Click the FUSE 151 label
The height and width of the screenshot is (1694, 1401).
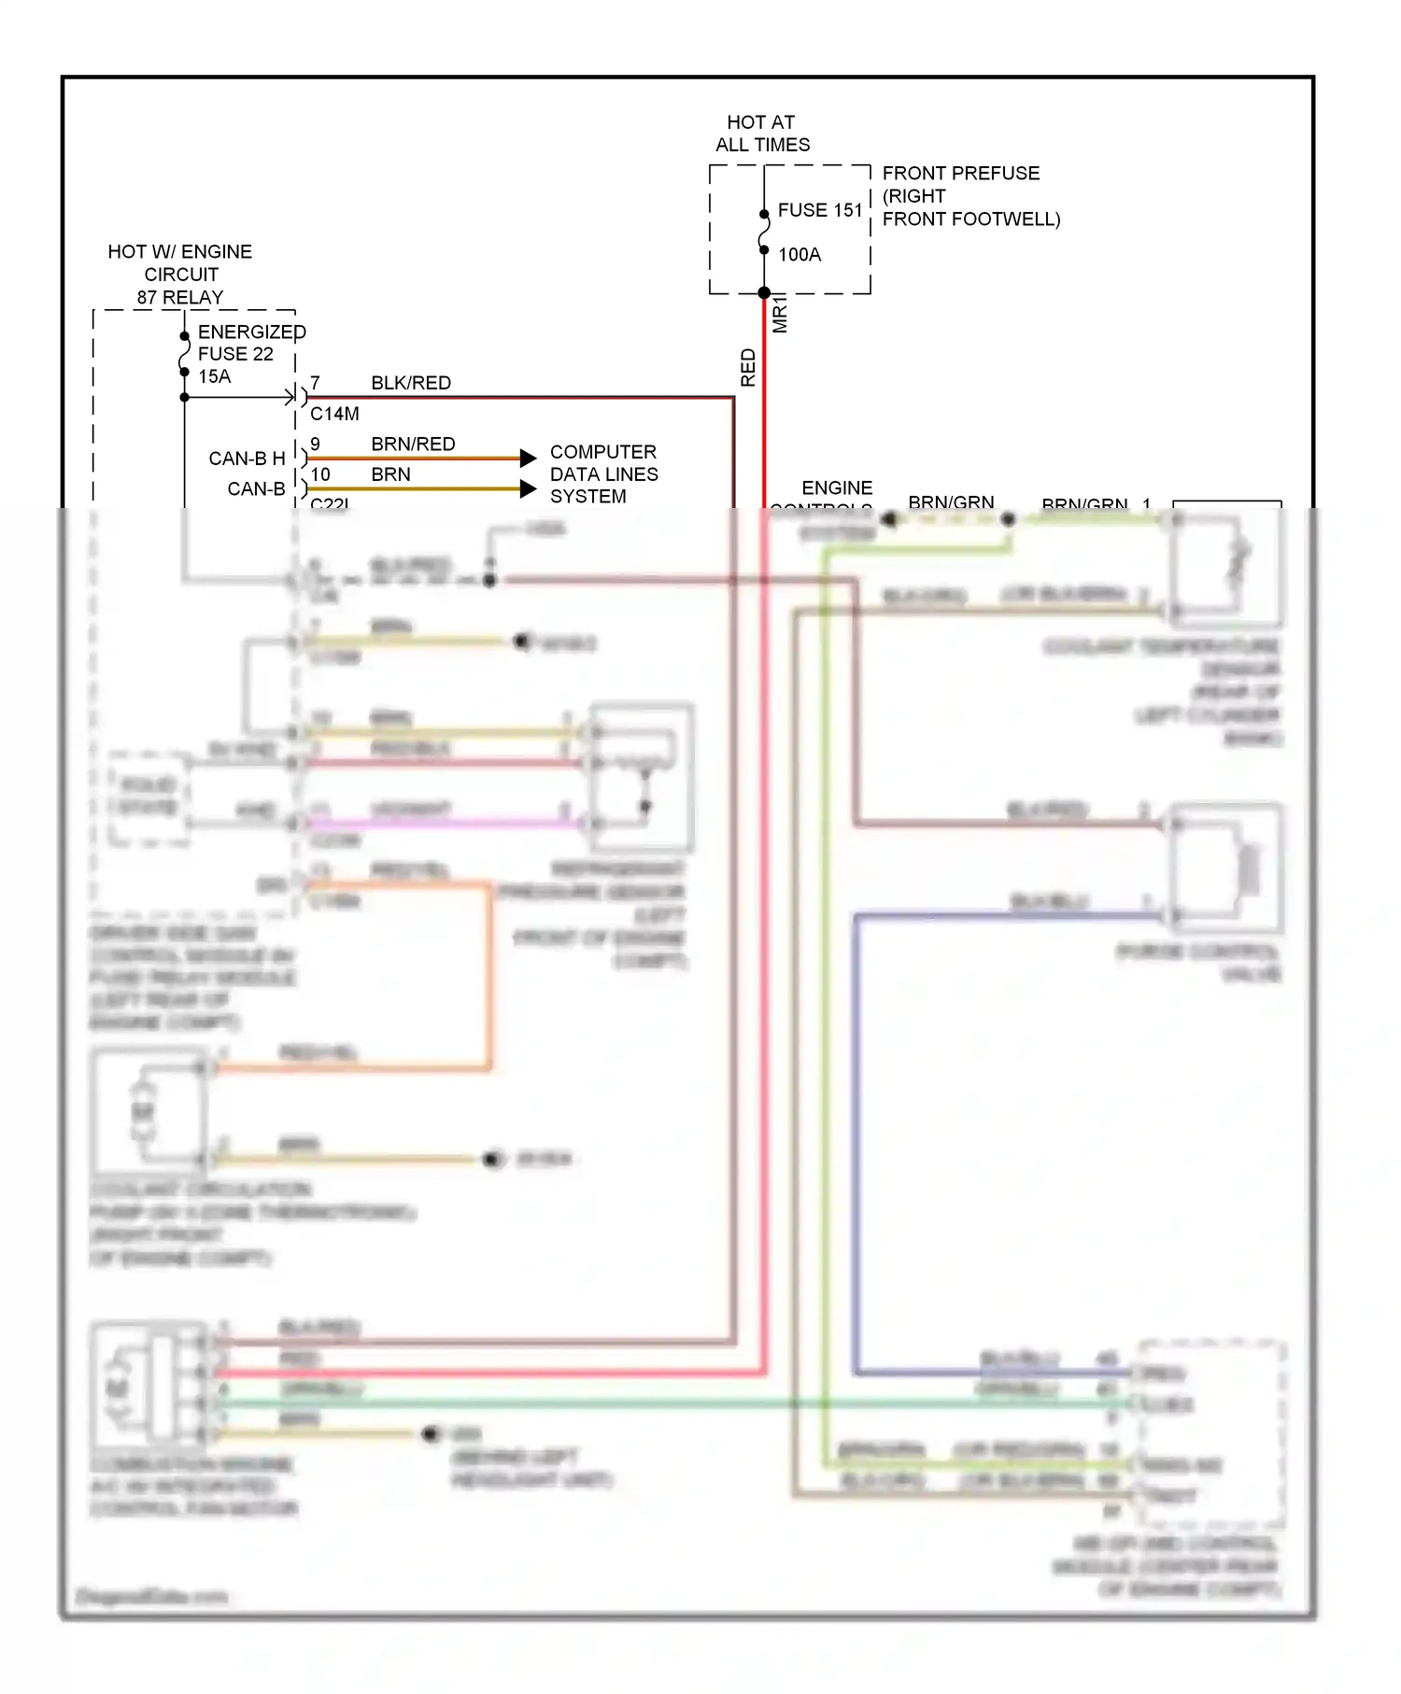[819, 210]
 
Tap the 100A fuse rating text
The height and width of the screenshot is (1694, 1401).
[799, 254]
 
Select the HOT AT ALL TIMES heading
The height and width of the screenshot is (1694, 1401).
[762, 134]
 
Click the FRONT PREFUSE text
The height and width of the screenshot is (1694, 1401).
[960, 173]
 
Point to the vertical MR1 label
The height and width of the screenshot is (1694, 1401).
[780, 315]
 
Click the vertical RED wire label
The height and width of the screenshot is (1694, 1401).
[748, 368]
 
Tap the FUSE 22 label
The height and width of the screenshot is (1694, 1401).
[235, 354]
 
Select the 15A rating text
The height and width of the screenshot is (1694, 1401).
[214, 376]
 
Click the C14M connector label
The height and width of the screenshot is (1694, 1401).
[334, 414]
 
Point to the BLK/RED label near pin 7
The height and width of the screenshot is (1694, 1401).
[411, 383]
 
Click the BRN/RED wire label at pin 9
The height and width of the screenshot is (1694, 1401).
[413, 444]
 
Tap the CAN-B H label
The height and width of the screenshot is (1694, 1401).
[247, 459]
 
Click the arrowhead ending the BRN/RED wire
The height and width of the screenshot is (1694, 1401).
[529, 458]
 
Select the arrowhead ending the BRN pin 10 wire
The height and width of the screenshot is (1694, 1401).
[529, 488]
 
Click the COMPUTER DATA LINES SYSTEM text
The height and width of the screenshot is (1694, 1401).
[603, 474]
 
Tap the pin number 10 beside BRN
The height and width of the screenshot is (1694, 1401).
[320, 474]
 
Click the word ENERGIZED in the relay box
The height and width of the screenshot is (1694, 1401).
[251, 332]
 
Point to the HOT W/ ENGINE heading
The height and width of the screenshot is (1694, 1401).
[179, 251]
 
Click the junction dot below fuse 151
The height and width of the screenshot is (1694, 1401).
[764, 293]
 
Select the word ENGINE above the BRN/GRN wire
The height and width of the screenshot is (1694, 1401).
[837, 487]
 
